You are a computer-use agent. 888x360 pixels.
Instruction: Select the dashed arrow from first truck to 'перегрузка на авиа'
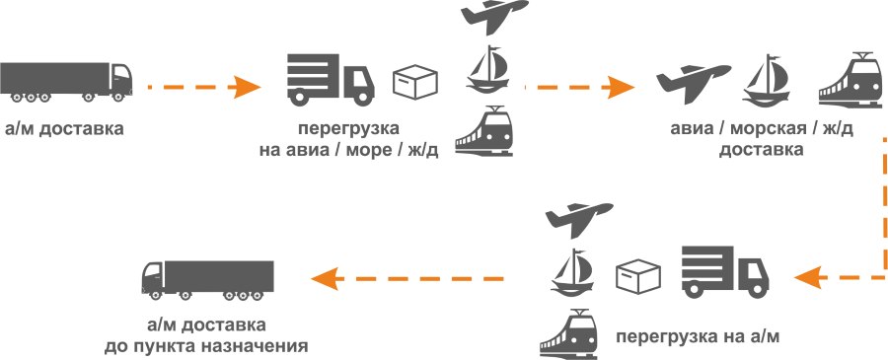tap(202, 88)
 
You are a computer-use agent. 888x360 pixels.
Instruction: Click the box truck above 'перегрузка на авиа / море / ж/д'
tap(331, 80)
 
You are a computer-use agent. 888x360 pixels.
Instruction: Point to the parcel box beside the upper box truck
tap(414, 81)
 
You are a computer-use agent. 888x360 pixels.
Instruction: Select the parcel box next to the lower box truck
tap(639, 275)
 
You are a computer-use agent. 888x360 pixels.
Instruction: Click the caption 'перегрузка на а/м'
tap(698, 336)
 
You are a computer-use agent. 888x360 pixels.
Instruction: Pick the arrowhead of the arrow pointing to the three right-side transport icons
tap(622, 87)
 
